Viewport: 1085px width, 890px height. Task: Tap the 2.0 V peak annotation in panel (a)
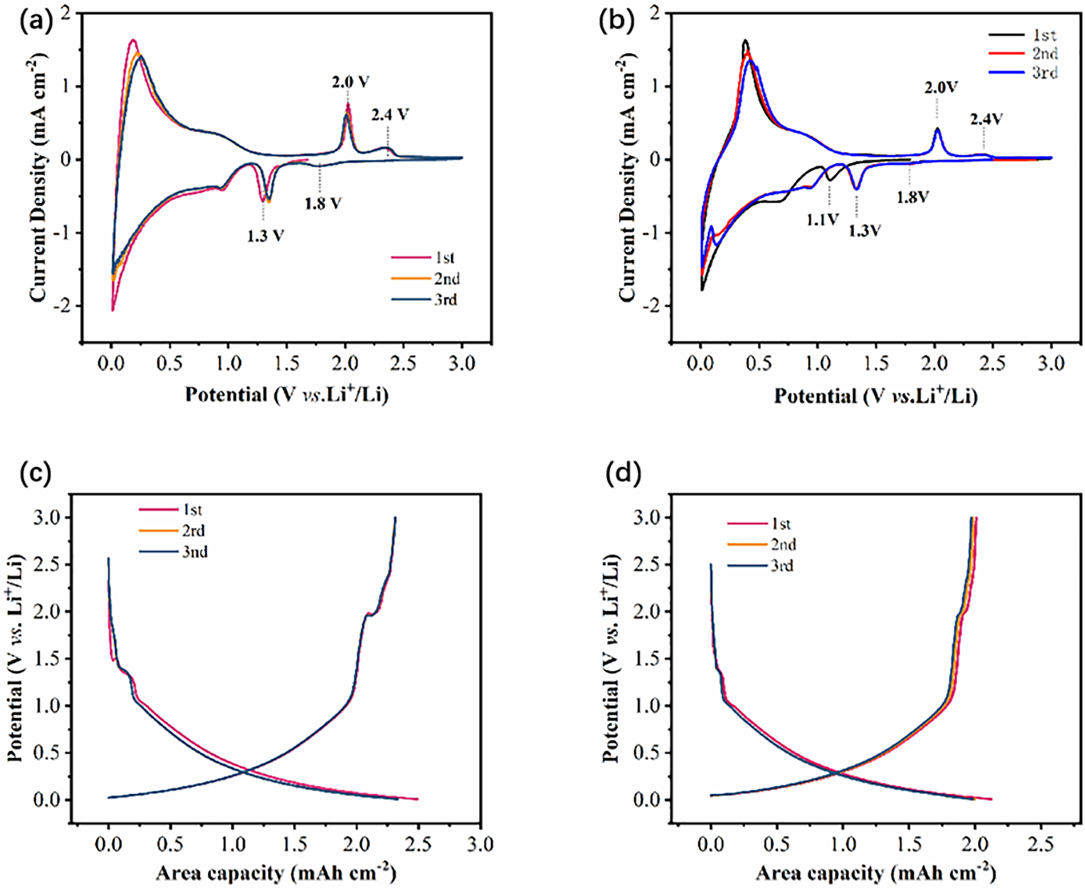click(x=350, y=82)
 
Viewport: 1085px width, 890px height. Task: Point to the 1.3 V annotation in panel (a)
click(x=265, y=235)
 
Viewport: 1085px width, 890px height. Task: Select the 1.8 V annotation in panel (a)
click(x=323, y=203)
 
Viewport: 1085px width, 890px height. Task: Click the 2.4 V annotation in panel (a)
click(x=390, y=115)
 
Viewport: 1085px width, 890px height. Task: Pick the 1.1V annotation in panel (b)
click(x=822, y=219)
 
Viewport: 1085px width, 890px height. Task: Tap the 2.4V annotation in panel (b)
click(x=986, y=119)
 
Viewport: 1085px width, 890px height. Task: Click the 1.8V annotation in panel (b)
click(x=913, y=197)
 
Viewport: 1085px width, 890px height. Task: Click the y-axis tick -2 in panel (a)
click(x=67, y=305)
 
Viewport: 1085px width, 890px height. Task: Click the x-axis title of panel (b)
click(x=875, y=396)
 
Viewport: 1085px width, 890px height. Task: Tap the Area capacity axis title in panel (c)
click(x=275, y=873)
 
